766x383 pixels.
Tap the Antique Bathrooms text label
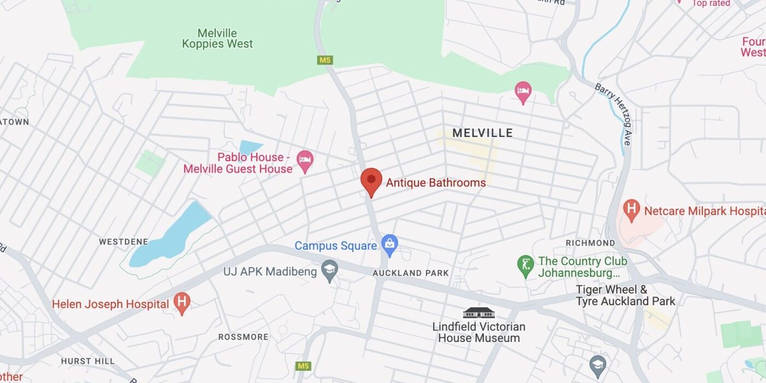point(435,183)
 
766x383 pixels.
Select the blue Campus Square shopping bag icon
point(390,245)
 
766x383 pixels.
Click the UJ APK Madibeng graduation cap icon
point(329,271)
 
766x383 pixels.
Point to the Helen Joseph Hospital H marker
point(182,304)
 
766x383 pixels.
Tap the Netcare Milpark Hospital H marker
point(632,210)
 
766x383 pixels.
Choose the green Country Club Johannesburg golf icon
point(526,266)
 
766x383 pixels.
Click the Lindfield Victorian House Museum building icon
point(479,312)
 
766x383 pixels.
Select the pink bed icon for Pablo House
point(305,161)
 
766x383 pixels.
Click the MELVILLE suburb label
point(482,133)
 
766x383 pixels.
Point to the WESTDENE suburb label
point(124,242)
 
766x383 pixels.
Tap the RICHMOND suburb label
point(590,243)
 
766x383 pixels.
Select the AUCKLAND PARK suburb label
point(411,273)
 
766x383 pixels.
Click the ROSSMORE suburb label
point(244,337)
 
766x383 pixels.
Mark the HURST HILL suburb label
point(88,361)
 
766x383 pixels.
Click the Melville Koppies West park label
point(217,38)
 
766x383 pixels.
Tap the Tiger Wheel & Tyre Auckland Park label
point(625,295)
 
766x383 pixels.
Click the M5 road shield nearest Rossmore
point(303,365)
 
